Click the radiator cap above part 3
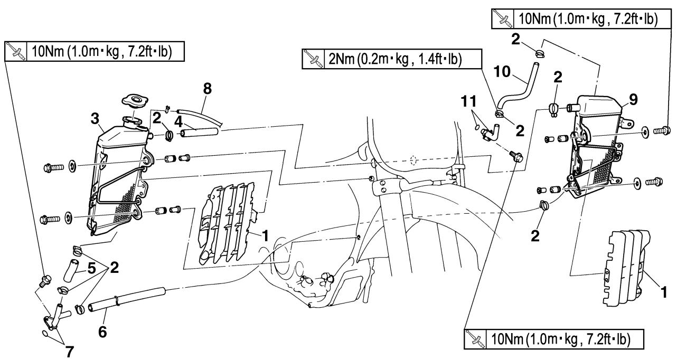click(x=135, y=100)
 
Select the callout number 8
click(x=208, y=89)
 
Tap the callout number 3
click(x=95, y=119)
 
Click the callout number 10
click(x=502, y=72)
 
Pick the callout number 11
click(x=469, y=101)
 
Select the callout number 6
click(x=102, y=332)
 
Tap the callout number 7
click(x=69, y=352)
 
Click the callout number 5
click(x=91, y=268)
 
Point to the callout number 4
click(x=178, y=122)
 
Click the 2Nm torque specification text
click(x=395, y=60)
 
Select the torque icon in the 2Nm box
click(x=313, y=59)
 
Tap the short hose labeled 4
click(x=200, y=132)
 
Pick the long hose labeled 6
click(x=127, y=300)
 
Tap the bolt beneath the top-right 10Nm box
click(x=662, y=130)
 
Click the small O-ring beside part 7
click(x=45, y=334)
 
